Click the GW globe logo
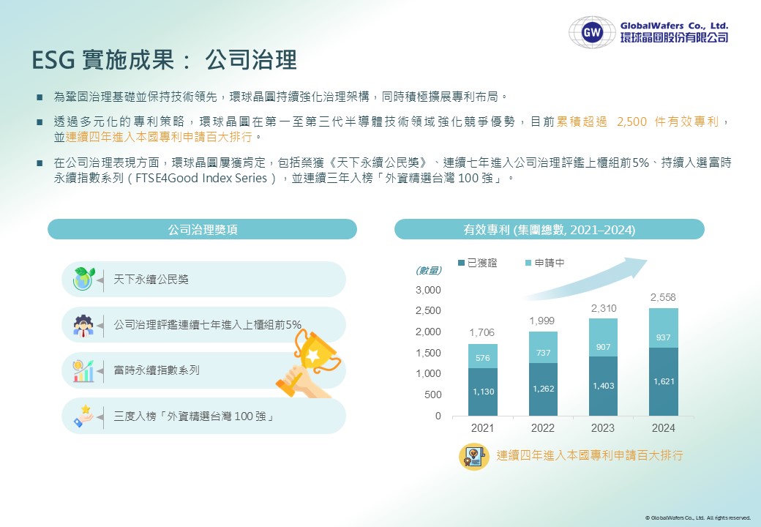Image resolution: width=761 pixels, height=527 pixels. click(x=592, y=32)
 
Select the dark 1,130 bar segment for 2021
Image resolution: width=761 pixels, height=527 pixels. click(x=483, y=392)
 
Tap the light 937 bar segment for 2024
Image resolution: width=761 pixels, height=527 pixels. click(x=664, y=328)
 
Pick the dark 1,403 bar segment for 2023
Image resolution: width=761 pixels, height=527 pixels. click(x=603, y=386)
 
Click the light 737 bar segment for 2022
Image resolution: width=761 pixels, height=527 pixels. click(x=543, y=348)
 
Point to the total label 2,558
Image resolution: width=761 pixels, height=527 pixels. click(x=663, y=297)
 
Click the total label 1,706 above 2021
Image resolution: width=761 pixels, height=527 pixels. click(x=482, y=332)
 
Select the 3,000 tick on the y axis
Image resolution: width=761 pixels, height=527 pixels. click(x=428, y=290)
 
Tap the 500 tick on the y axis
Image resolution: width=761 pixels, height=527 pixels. click(x=433, y=395)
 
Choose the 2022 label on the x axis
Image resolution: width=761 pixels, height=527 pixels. click(x=543, y=428)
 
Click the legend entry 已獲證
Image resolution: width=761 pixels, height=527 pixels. click(x=478, y=263)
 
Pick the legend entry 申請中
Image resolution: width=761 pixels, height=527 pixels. click(x=545, y=263)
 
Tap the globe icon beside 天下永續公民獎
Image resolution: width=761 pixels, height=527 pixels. click(x=83, y=279)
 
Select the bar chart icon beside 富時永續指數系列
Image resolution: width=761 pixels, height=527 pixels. click(x=83, y=371)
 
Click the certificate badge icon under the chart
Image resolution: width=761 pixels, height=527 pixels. click(x=474, y=457)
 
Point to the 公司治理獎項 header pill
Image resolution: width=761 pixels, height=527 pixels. click(x=203, y=229)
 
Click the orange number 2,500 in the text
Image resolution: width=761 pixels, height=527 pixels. click(x=632, y=122)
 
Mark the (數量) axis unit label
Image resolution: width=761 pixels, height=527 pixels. click(x=429, y=270)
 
